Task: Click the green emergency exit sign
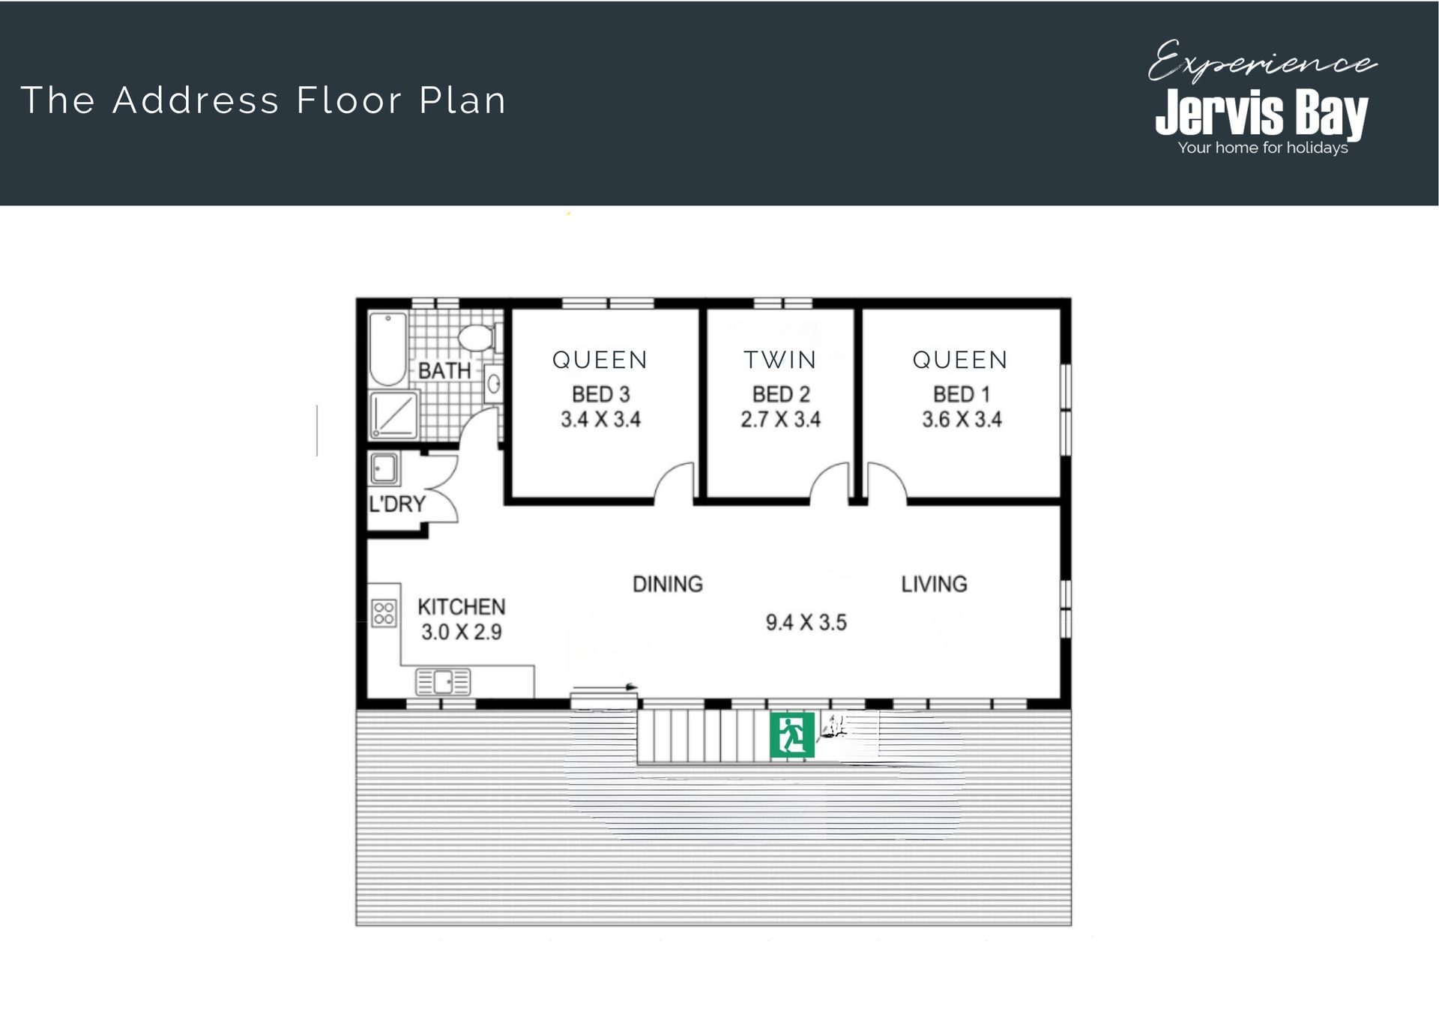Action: click(792, 734)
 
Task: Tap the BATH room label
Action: click(444, 370)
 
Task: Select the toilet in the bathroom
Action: click(477, 337)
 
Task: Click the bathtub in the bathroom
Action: click(388, 349)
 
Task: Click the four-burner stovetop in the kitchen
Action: click(384, 612)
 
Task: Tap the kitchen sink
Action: click(443, 682)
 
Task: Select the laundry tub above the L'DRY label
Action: click(384, 469)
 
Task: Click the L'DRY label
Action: click(397, 504)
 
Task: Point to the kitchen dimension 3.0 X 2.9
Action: click(462, 632)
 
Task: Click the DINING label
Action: click(668, 584)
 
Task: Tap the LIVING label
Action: click(934, 584)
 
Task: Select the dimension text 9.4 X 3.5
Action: click(806, 622)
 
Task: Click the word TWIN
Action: click(780, 360)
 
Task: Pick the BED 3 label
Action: click(601, 394)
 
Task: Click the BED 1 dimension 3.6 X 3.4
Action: click(962, 419)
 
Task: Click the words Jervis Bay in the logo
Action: click(1262, 114)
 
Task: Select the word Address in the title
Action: click(196, 100)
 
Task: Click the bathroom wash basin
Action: click(493, 384)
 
